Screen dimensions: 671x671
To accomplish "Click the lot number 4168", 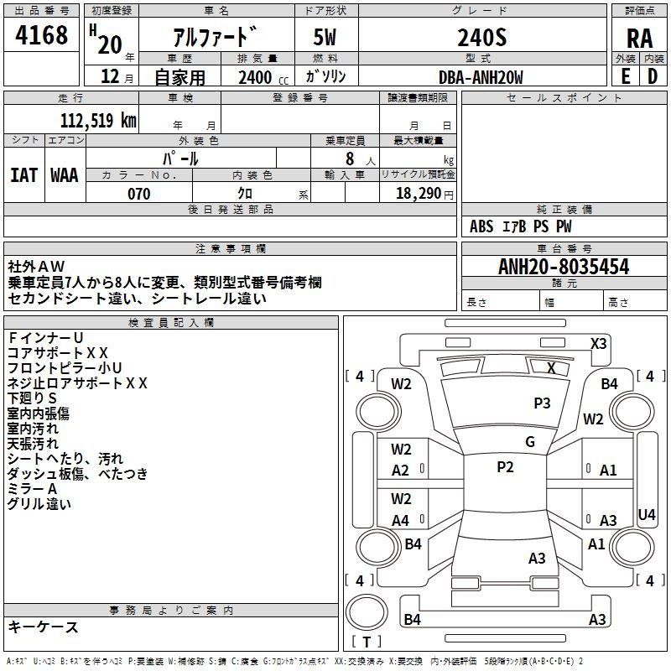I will pyautogui.click(x=41, y=35).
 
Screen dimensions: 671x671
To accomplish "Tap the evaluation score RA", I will pyautogui.click(x=640, y=38).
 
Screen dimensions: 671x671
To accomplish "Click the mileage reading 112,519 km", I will pyautogui.click(x=97, y=121).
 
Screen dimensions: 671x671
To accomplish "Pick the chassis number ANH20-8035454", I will pyautogui.click(x=564, y=268).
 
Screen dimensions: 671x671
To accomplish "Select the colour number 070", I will pyautogui.click(x=139, y=194).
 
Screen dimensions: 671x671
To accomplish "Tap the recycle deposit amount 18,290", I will pyautogui.click(x=419, y=194).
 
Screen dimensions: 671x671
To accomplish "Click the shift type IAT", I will pyautogui.click(x=24, y=174).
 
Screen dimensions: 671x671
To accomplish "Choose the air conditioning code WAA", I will pyautogui.click(x=65, y=174).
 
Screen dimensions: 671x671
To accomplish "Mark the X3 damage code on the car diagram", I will pyautogui.click(x=599, y=343).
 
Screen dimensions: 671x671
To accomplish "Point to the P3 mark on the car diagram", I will pyautogui.click(x=542, y=403).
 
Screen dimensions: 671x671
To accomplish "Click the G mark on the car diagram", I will pyautogui.click(x=530, y=442).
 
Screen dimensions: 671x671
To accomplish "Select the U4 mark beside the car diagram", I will pyautogui.click(x=647, y=514).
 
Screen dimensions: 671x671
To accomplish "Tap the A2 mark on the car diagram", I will pyautogui.click(x=401, y=471).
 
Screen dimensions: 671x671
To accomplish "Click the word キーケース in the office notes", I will pyautogui.click(x=43, y=627).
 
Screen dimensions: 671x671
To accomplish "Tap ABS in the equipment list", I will pyautogui.click(x=481, y=226).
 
